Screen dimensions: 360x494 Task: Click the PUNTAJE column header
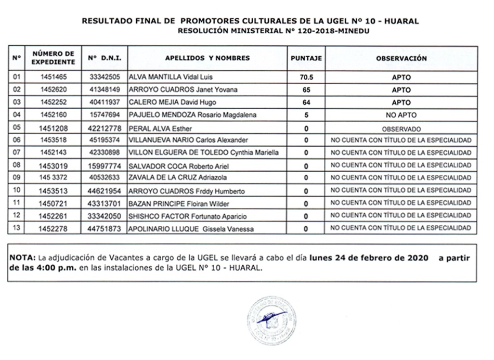(306, 58)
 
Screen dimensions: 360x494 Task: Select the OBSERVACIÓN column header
(401, 58)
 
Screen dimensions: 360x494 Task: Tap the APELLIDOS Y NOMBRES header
(207, 58)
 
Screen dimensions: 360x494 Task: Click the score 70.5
(306, 77)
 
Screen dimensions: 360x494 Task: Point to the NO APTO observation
(401, 115)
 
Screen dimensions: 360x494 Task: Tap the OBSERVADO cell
(401, 128)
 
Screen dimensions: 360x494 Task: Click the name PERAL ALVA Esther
(154, 128)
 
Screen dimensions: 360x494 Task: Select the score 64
(306, 102)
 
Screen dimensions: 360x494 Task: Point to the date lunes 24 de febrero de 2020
(368, 258)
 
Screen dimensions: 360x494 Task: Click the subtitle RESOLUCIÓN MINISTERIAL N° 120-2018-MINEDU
(276, 31)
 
